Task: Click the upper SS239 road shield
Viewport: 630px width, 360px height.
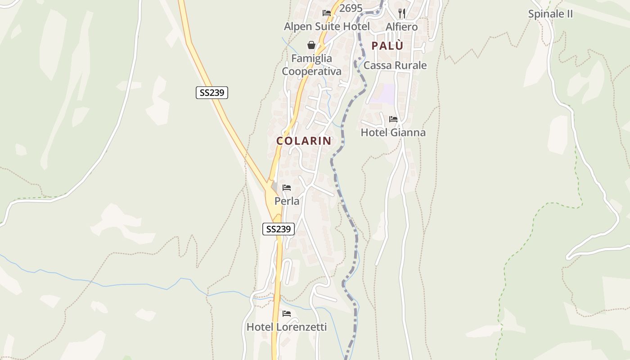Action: point(212,93)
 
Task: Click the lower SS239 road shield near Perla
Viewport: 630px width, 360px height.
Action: point(279,229)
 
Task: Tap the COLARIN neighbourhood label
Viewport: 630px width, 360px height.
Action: point(304,141)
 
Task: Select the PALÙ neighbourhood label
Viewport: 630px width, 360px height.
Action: point(387,45)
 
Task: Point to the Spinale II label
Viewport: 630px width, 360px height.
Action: point(550,14)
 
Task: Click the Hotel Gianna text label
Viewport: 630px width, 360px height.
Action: point(393,132)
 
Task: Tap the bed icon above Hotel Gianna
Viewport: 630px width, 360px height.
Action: point(393,119)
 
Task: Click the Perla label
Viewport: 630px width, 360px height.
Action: point(287,201)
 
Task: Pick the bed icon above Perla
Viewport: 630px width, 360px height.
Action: point(287,188)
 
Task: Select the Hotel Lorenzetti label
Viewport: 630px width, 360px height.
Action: point(286,327)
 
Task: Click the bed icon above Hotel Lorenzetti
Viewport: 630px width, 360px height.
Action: point(287,314)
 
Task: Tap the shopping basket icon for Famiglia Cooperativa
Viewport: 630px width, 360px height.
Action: point(311,45)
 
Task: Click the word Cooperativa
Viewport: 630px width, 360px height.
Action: point(311,72)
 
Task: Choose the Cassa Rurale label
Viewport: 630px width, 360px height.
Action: point(395,65)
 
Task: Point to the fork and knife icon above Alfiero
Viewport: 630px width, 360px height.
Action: point(402,13)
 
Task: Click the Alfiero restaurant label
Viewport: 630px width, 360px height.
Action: point(401,27)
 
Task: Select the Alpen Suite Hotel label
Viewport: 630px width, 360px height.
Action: point(327,27)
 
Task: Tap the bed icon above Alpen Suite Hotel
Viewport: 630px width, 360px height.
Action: point(327,13)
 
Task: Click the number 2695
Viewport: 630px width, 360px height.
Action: point(351,9)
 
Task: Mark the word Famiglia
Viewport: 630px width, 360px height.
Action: point(311,58)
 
